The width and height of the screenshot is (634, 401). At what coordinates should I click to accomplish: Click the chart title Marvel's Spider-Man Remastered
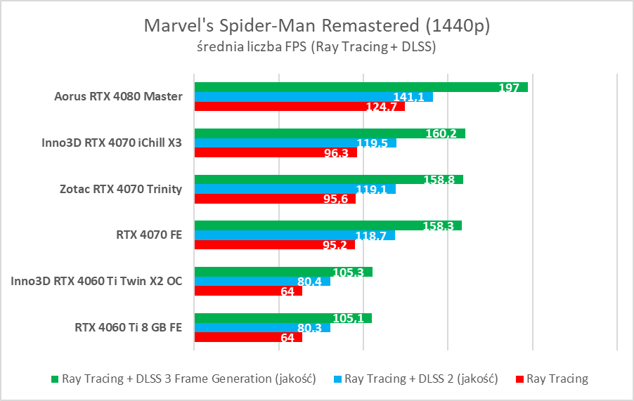[316, 25]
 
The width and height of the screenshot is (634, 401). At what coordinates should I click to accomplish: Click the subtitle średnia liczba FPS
[316, 47]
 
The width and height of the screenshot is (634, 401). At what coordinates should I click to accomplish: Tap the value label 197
[508, 88]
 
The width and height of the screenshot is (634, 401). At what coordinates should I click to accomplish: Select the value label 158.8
[439, 179]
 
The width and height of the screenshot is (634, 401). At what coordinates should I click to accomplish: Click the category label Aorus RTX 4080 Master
[118, 97]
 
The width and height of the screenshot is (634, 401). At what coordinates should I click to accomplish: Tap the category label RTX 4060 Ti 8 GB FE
[128, 327]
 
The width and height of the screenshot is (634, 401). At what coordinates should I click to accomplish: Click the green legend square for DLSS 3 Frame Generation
[56, 380]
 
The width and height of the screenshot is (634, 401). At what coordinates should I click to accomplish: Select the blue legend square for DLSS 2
[337, 380]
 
